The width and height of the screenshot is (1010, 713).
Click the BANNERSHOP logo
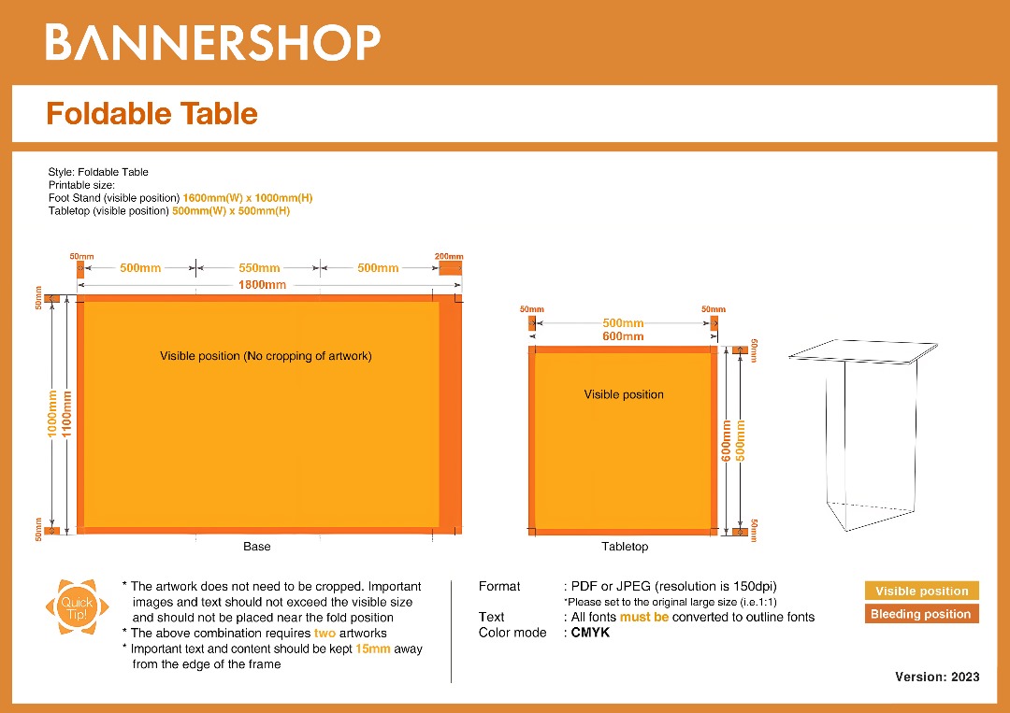(x=213, y=43)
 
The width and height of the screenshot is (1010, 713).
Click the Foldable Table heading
(x=151, y=113)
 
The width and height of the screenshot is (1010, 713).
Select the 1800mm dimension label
(x=262, y=284)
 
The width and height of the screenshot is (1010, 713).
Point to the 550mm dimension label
(x=259, y=268)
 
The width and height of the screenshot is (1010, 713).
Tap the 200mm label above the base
(x=449, y=256)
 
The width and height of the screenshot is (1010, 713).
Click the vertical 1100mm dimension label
(x=67, y=415)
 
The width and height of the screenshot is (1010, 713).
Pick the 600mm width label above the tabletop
(x=623, y=336)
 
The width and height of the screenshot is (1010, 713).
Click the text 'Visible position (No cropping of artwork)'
(x=266, y=356)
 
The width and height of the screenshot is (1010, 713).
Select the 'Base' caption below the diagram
(x=256, y=546)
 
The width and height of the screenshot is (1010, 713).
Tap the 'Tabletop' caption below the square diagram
(x=624, y=546)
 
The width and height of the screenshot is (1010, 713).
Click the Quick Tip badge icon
(x=72, y=608)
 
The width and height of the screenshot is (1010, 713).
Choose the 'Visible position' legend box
(x=921, y=591)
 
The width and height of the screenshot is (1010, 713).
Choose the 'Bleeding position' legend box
(x=921, y=614)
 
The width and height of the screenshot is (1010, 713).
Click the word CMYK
(x=590, y=633)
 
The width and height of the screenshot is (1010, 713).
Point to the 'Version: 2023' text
(x=937, y=677)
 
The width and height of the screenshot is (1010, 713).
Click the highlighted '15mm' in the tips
(x=372, y=649)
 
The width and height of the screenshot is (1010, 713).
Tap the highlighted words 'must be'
(x=643, y=617)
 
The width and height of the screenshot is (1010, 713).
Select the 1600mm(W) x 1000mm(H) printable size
(x=247, y=198)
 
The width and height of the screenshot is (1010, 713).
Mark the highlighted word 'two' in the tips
(x=325, y=633)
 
